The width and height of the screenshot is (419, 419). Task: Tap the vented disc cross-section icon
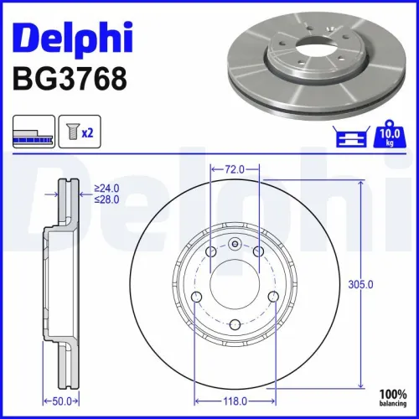point(32,132)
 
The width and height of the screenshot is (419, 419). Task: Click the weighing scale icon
point(352,137)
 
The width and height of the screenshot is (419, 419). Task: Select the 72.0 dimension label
point(235,170)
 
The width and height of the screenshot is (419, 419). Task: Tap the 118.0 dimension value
point(235,378)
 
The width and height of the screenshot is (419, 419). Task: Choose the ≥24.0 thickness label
point(107,189)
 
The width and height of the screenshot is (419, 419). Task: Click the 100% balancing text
point(391,397)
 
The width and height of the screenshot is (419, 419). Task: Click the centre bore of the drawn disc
point(235,285)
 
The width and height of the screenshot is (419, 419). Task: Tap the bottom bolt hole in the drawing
point(235,325)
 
